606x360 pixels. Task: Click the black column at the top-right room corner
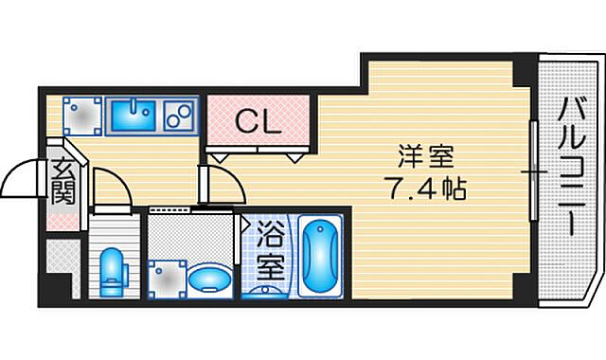point(520,70)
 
